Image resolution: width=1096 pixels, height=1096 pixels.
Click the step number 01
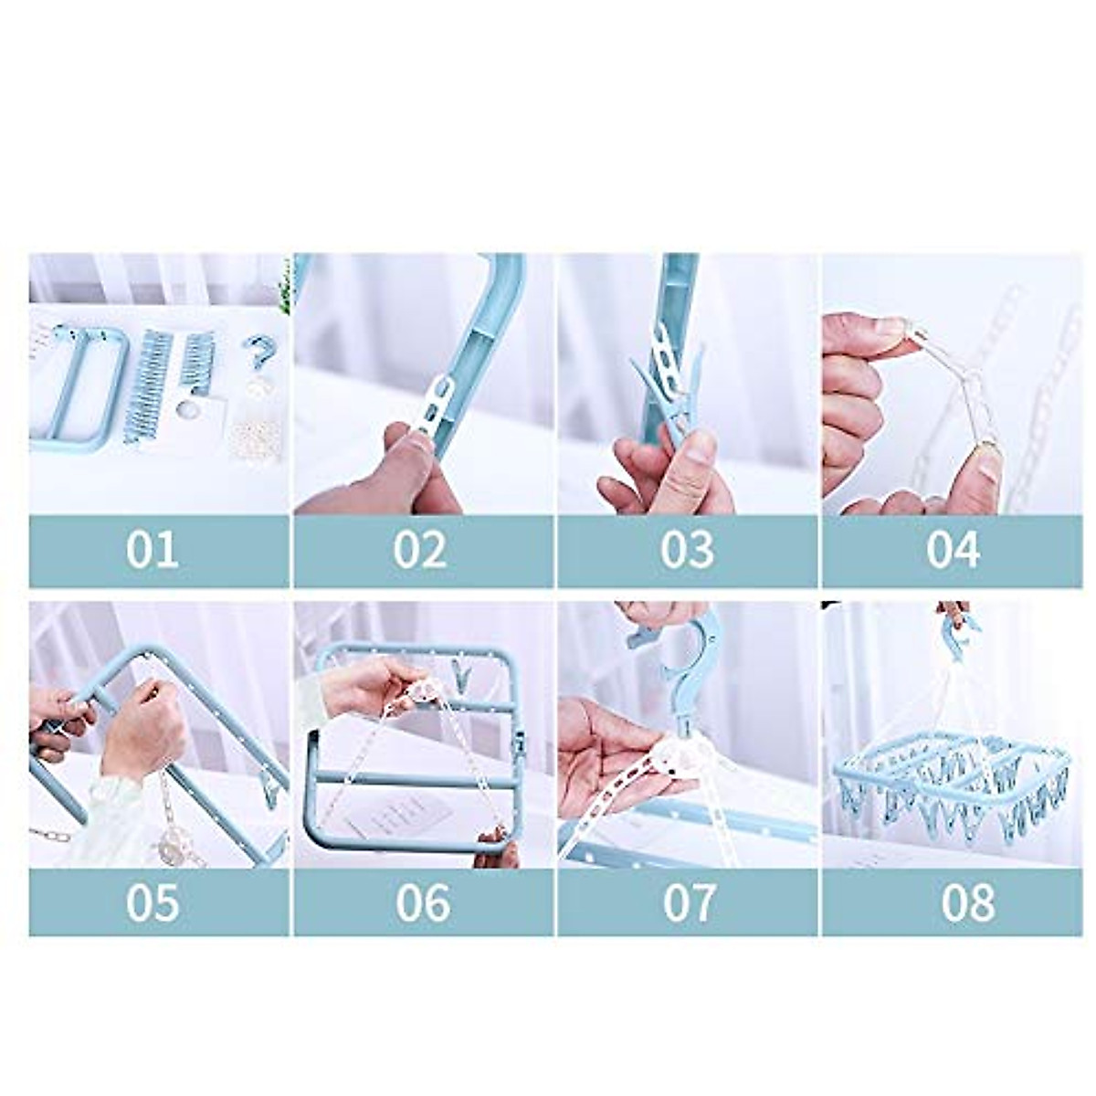point(152,551)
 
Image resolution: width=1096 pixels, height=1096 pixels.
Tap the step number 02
point(420,551)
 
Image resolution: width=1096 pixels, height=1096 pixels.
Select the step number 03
point(687,551)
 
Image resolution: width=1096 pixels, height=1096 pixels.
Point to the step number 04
point(953,551)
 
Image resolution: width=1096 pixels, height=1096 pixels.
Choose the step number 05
point(152,902)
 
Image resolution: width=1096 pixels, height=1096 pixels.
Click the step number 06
point(422,902)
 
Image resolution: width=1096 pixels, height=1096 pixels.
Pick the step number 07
point(688,902)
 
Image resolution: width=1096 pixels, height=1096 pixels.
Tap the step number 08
point(968,902)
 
